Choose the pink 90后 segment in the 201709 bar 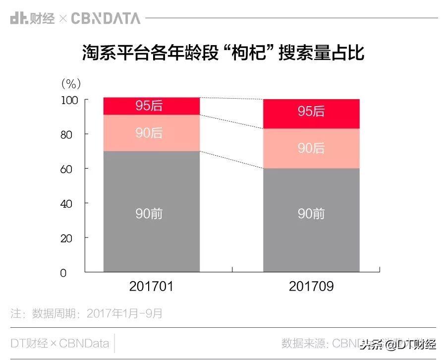311,148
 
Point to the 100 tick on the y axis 69,100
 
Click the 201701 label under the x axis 151,287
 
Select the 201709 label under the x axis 311,287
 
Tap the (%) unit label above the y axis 70,82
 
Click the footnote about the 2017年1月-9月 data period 87,313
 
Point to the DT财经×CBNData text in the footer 59,343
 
